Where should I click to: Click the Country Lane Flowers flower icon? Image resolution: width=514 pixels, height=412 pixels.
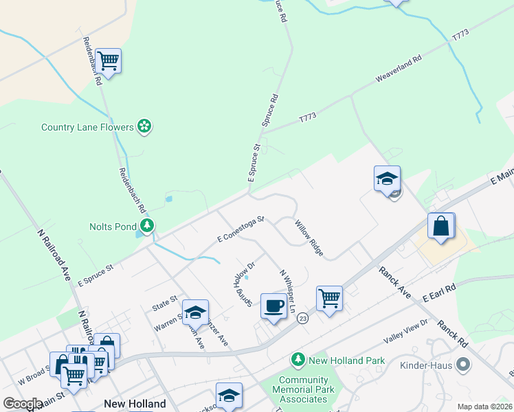click(144, 126)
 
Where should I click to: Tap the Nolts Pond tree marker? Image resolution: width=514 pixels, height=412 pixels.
click(146, 226)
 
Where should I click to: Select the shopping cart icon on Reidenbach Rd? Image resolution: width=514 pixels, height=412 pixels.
click(109, 61)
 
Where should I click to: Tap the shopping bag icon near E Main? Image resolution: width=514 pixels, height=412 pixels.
click(440, 226)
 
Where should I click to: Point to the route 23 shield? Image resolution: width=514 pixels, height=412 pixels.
click(303, 319)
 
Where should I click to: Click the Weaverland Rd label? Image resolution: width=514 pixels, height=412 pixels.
click(398, 70)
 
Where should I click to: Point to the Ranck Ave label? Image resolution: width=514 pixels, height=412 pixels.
click(395, 283)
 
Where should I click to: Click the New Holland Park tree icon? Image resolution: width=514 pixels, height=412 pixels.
click(298, 359)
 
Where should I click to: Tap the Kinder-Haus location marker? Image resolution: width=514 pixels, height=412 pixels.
click(463, 364)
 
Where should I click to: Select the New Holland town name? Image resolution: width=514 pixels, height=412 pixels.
click(135, 404)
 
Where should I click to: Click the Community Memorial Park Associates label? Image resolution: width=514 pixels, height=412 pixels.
click(303, 389)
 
